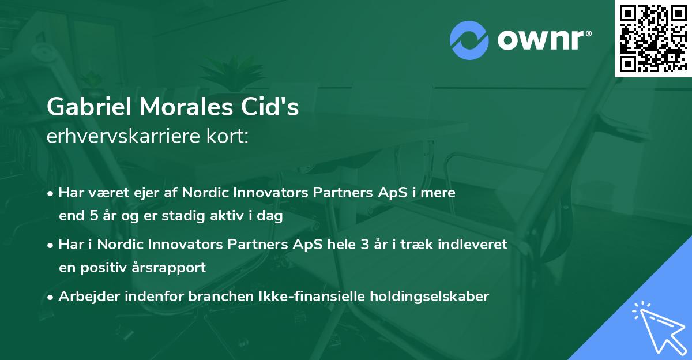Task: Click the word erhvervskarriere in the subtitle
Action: pyautogui.click(x=118, y=137)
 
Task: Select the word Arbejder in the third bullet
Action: pyautogui.click(x=85, y=297)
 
